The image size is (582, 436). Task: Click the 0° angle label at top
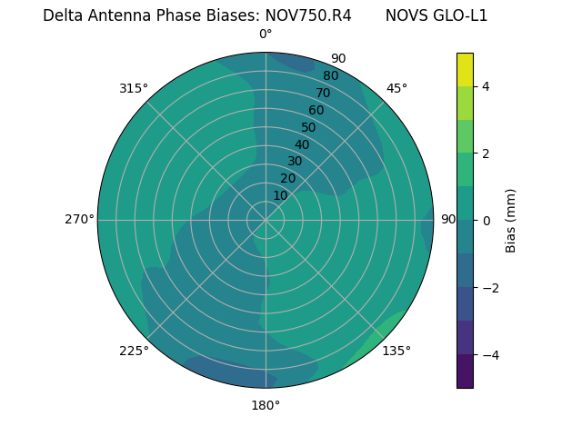266,35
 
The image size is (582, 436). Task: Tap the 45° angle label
396,88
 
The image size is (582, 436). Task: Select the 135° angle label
396,351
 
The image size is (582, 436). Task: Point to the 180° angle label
266,405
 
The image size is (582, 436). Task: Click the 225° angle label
134,351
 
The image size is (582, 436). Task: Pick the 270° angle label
79,219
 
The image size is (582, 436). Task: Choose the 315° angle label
134,88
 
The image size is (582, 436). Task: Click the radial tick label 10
280,195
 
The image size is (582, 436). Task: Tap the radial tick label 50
308,127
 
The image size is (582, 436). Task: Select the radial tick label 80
330,75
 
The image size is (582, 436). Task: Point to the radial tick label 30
295,162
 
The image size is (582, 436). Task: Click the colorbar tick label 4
487,86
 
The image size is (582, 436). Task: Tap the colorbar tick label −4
487,355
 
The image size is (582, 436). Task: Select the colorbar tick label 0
487,221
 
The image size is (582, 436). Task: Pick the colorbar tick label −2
487,288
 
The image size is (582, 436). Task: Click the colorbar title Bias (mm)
511,221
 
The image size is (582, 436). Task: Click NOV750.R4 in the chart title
308,15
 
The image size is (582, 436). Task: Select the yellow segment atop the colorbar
465,69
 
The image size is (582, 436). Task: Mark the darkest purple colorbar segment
465,372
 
